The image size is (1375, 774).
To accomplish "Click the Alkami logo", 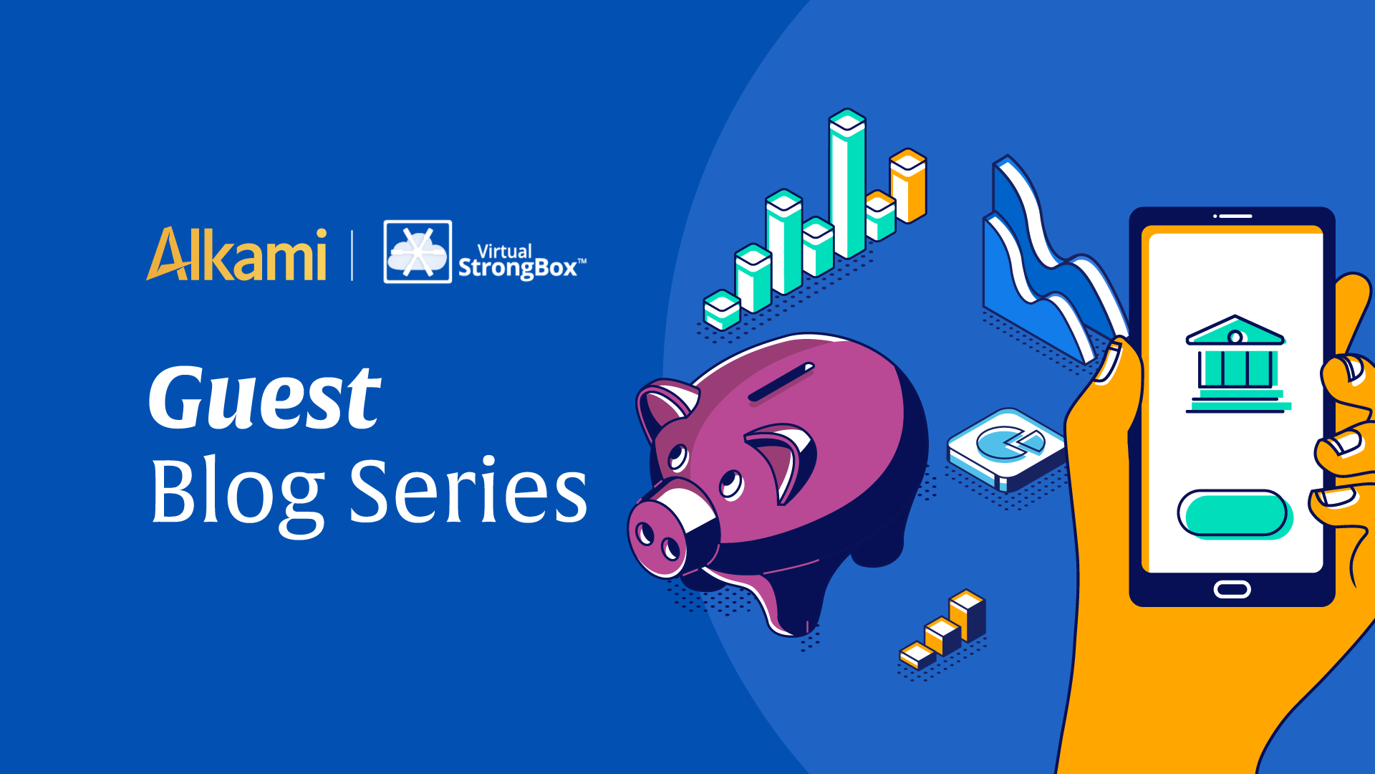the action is [x=236, y=254].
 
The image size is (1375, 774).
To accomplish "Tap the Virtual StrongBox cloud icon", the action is [x=418, y=252].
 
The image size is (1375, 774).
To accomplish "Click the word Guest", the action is [x=264, y=397].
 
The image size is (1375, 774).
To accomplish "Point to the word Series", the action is [x=468, y=490].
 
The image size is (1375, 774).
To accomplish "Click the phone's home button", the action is [x=1232, y=590].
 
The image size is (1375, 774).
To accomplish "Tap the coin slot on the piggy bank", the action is [x=781, y=382].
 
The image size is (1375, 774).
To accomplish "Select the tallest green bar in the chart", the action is [x=847, y=184].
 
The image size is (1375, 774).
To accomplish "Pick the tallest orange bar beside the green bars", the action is [x=908, y=186].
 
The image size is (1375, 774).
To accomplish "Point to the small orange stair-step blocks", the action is [x=943, y=629].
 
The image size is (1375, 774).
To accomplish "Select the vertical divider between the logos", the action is [x=352, y=255].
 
